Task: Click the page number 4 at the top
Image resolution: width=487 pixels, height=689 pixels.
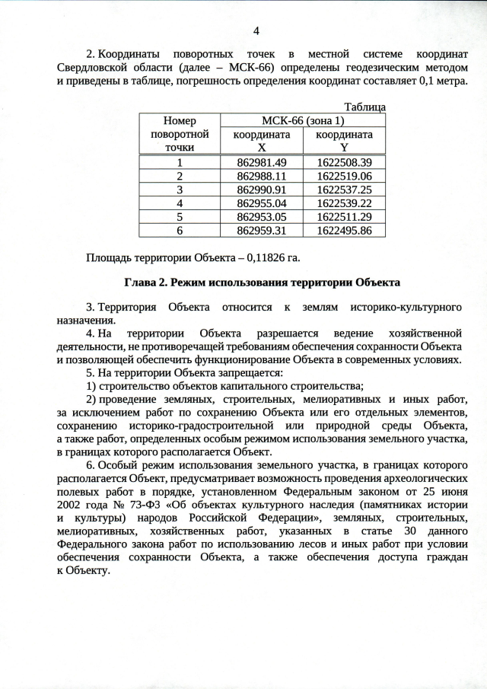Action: (256, 30)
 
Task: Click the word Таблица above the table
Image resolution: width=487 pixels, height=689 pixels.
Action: (365, 107)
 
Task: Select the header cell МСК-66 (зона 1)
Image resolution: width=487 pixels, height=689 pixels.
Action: (302, 120)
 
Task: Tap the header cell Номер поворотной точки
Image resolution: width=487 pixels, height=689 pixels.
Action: (180, 133)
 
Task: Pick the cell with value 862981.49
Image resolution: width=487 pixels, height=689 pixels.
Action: (262, 162)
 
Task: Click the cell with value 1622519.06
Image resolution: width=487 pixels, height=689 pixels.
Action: (344, 176)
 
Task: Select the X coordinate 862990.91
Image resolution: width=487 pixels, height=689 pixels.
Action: (262, 190)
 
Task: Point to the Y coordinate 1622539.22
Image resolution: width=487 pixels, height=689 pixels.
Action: (344, 203)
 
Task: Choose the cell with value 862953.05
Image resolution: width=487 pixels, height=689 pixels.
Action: (262, 217)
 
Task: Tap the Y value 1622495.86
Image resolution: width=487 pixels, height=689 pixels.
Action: (344, 230)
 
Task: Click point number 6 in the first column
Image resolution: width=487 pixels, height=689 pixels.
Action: (180, 230)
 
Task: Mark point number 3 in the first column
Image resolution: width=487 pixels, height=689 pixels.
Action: (180, 190)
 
